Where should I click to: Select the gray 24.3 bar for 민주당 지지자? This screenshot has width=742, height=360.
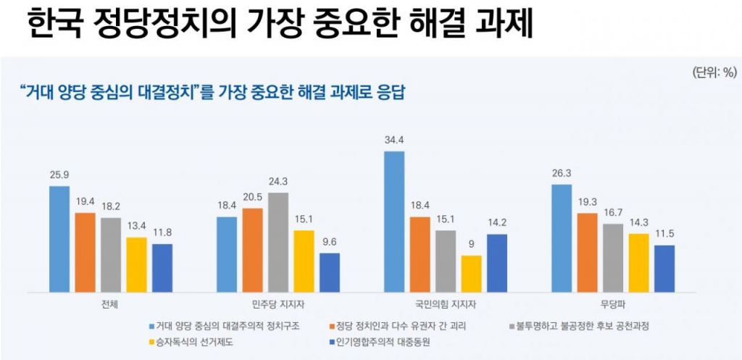pyautogui.click(x=278, y=242)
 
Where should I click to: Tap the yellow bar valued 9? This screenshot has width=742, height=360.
pyautogui.click(x=471, y=274)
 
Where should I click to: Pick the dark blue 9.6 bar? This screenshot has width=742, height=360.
pyautogui.click(x=330, y=272)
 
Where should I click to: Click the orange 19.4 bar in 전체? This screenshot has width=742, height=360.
pyautogui.click(x=86, y=252)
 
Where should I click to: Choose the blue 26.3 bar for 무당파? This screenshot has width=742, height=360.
pyautogui.click(x=562, y=238)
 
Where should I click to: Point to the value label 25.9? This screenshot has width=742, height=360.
pyautogui.click(x=59, y=175)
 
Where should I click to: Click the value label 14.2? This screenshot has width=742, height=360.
pyautogui.click(x=497, y=222)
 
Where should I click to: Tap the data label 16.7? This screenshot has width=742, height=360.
pyautogui.click(x=612, y=213)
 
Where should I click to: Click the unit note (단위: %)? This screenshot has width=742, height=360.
pyautogui.click(x=714, y=72)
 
